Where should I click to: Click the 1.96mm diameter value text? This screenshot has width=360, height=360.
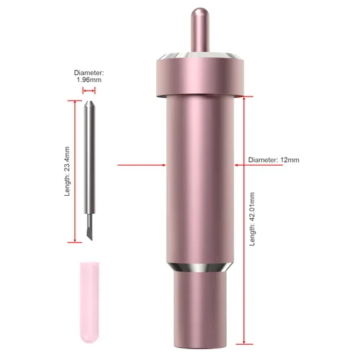pos(89,80)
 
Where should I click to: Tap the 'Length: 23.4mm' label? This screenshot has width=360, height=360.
pos(67,171)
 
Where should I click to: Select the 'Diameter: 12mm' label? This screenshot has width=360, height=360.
pos(274,160)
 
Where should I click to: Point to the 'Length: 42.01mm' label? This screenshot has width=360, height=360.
pos(252,219)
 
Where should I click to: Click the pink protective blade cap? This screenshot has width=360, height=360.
pos(89,302)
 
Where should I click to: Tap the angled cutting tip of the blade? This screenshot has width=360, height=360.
pos(89,233)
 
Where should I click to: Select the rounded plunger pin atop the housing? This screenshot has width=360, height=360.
pos(200,30)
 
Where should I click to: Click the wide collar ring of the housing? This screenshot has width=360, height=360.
pos(200,77)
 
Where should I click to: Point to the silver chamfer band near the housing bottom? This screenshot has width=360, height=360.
pos(200,267)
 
